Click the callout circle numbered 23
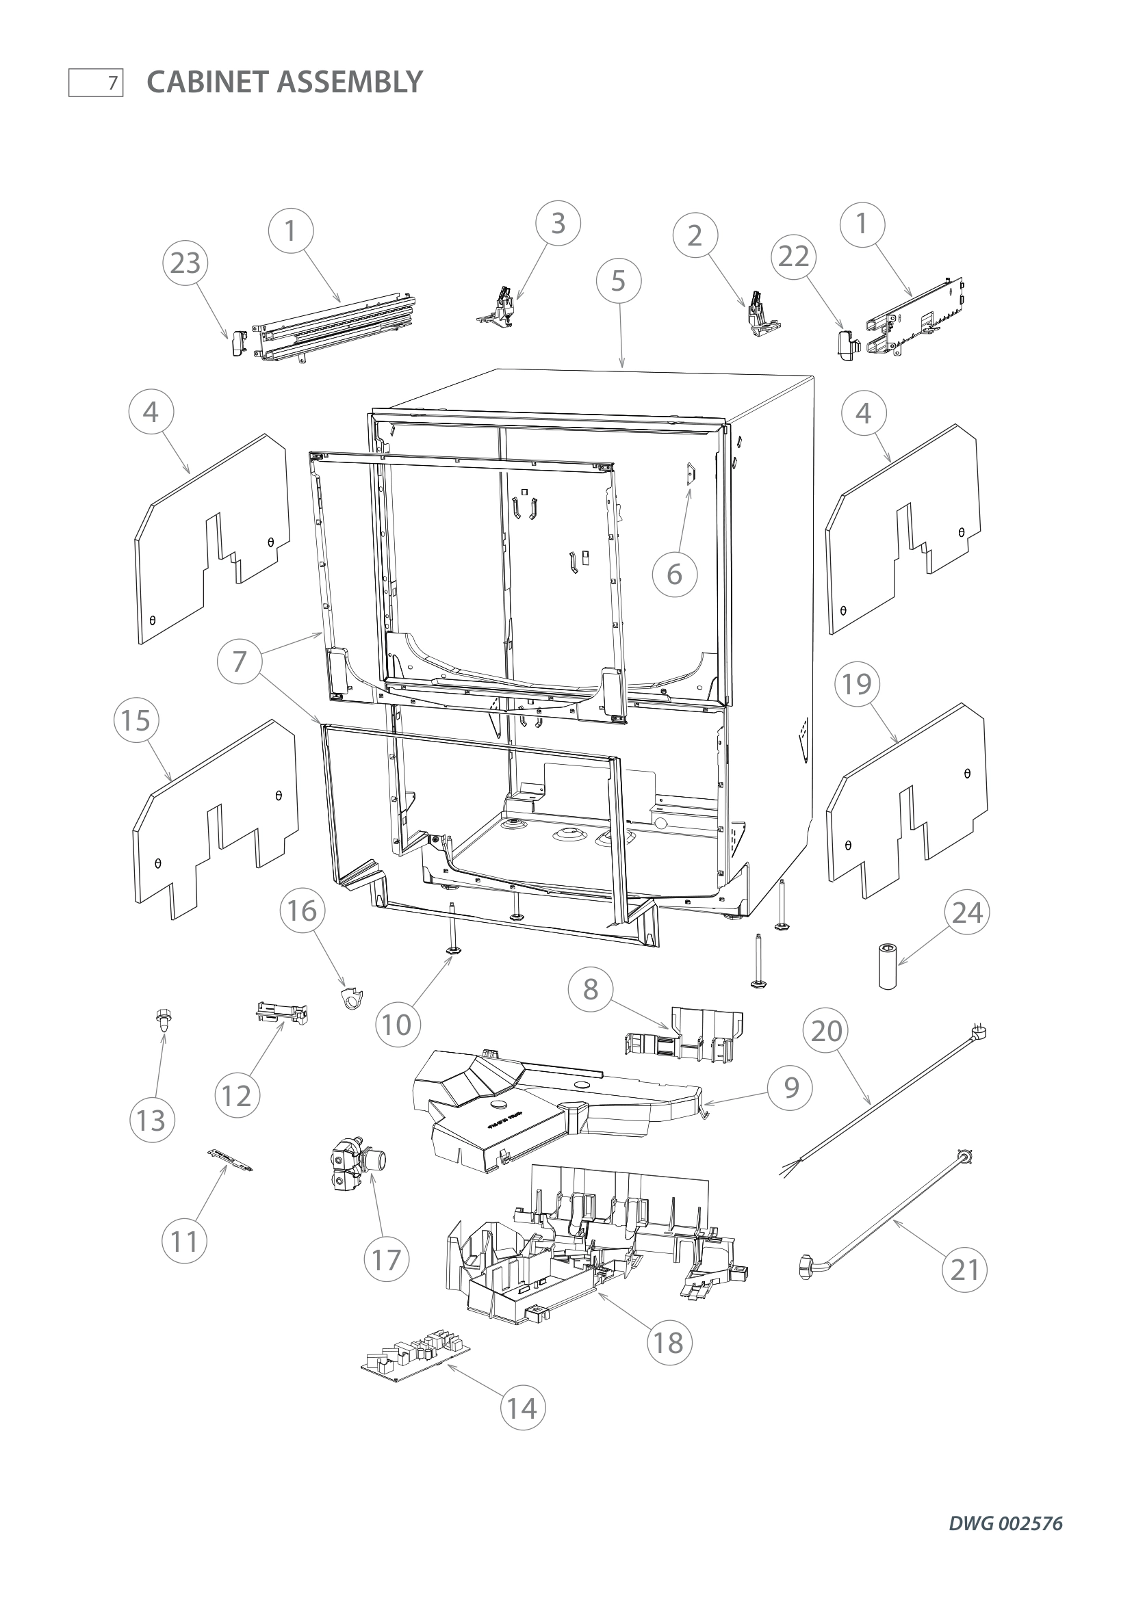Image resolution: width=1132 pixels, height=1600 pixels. point(185,263)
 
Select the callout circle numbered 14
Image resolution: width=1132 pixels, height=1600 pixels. point(522,1408)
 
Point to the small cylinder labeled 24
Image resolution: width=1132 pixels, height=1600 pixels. point(888,967)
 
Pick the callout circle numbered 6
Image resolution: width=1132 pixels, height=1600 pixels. point(674,574)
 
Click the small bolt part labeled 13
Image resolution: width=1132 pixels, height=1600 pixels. point(162,1021)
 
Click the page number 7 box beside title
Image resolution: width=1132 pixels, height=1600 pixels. point(97,83)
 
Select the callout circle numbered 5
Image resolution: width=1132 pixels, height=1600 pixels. point(618,281)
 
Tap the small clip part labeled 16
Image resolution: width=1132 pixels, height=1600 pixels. point(354,1001)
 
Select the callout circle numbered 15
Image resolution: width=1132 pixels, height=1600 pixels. point(136,720)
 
